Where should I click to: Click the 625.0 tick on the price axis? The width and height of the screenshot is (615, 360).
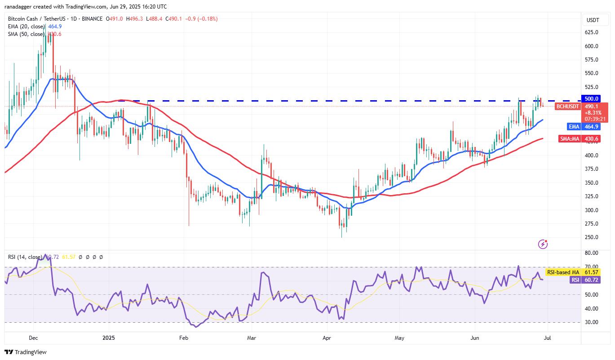[591, 32]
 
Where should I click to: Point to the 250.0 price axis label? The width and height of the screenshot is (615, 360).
[591, 237]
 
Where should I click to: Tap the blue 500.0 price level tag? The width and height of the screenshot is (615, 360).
[591, 98]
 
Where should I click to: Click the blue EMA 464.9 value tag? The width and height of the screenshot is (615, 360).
[591, 127]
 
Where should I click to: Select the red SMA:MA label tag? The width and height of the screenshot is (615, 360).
[570, 139]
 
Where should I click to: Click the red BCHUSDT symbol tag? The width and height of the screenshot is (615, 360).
[568, 107]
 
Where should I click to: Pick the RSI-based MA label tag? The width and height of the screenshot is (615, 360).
[563, 272]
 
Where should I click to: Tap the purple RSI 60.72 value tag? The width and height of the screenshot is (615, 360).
[591, 280]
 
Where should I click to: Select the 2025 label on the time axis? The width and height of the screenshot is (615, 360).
[109, 337]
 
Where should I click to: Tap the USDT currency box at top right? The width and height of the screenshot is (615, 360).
[593, 20]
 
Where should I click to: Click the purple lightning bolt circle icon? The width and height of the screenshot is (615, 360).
[543, 244]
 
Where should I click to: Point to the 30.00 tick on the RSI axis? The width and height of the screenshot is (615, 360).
[591, 322]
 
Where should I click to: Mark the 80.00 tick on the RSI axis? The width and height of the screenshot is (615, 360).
[591, 253]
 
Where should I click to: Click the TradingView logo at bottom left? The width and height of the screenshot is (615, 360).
[26, 352]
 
